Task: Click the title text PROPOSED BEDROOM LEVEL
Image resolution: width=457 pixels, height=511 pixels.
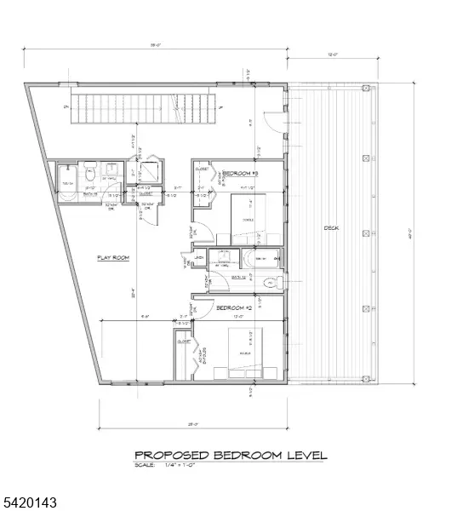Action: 231,456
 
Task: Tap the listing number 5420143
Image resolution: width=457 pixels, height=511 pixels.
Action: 29,504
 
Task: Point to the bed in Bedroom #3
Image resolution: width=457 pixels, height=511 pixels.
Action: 249,218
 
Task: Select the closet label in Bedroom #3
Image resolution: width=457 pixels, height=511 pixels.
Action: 202,169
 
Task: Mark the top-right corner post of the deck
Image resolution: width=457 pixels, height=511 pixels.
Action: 366,88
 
